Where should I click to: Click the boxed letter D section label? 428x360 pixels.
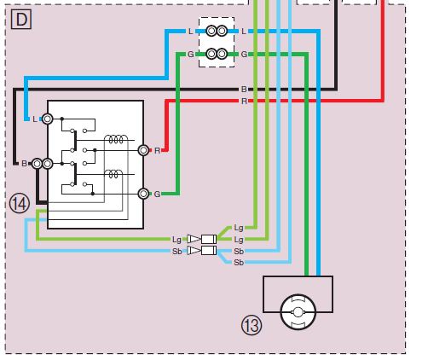click(21, 20)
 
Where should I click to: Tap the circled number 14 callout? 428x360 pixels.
click(20, 204)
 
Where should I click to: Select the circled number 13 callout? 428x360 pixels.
click(252, 325)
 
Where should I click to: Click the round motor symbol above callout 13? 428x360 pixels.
click(298, 312)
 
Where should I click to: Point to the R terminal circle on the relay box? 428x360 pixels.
click(144, 150)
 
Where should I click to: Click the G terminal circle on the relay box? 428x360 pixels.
click(144, 194)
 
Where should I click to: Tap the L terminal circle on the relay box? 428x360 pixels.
click(48, 119)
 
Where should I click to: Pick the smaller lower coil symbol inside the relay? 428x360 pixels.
click(113, 174)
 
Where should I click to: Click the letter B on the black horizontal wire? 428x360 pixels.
click(244, 90)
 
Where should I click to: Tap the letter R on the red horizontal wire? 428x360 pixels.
click(244, 101)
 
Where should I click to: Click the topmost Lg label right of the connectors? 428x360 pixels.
click(239, 228)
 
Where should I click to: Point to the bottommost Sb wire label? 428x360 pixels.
click(239, 263)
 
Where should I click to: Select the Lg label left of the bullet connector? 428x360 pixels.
click(176, 240)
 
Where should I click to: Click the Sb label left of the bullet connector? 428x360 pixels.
click(176, 252)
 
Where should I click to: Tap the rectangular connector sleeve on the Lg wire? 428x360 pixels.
click(209, 239)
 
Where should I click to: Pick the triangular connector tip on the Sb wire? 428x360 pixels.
click(194, 251)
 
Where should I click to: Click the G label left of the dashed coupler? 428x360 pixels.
click(191, 54)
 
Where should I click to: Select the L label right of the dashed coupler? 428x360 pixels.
click(244, 32)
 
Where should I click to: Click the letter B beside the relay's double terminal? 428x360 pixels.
click(25, 164)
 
